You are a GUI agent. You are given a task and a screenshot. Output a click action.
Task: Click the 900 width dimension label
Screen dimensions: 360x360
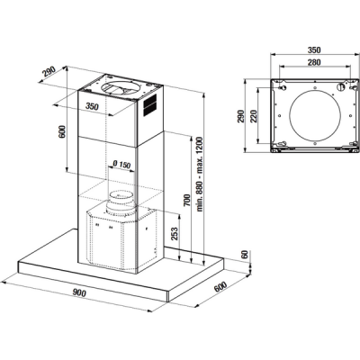[79, 293]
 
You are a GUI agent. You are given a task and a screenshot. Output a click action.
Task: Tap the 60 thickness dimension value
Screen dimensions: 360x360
[245, 255]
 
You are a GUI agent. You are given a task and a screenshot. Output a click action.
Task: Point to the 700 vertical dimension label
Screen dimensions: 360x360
[187, 200]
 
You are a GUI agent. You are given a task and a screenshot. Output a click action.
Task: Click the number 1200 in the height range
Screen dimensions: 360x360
[200, 146]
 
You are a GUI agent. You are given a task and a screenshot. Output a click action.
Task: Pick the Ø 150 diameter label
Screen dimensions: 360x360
[121, 164]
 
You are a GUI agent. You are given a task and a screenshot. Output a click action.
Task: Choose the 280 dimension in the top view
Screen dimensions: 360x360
[314, 62]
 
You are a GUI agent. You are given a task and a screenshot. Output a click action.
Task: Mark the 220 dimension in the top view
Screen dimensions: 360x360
[254, 116]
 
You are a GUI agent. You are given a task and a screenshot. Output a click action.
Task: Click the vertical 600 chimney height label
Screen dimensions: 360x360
[61, 131]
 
